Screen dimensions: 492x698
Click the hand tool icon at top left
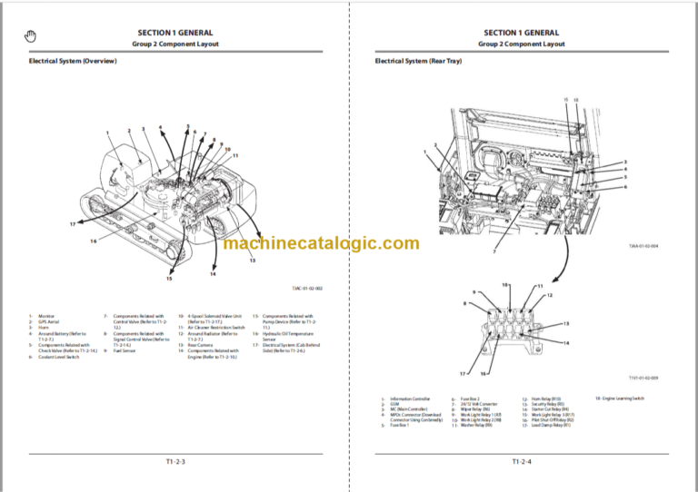pyautogui.click(x=30, y=35)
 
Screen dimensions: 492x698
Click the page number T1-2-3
pyautogui.click(x=174, y=462)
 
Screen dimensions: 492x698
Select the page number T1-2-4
pyautogui.click(x=521, y=462)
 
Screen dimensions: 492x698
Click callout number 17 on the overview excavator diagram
pyautogui.click(x=72, y=223)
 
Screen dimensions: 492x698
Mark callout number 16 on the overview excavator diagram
pyautogui.click(x=93, y=241)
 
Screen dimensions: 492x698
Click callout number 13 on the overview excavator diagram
pyautogui.click(x=252, y=260)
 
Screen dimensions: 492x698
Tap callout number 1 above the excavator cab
pyautogui.click(x=107, y=134)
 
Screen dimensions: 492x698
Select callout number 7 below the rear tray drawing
pyautogui.click(x=494, y=251)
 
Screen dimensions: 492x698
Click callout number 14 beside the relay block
pyautogui.click(x=565, y=342)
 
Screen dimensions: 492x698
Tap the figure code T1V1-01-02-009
pyautogui.click(x=643, y=378)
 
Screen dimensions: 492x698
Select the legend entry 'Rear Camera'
pyautogui.click(x=197, y=345)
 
